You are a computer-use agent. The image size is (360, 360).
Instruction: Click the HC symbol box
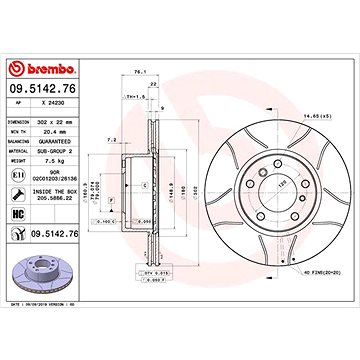click(x=16, y=215)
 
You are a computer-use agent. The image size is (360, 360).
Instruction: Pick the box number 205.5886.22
click(x=56, y=198)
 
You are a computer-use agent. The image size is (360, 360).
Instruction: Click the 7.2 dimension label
click(x=111, y=140)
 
